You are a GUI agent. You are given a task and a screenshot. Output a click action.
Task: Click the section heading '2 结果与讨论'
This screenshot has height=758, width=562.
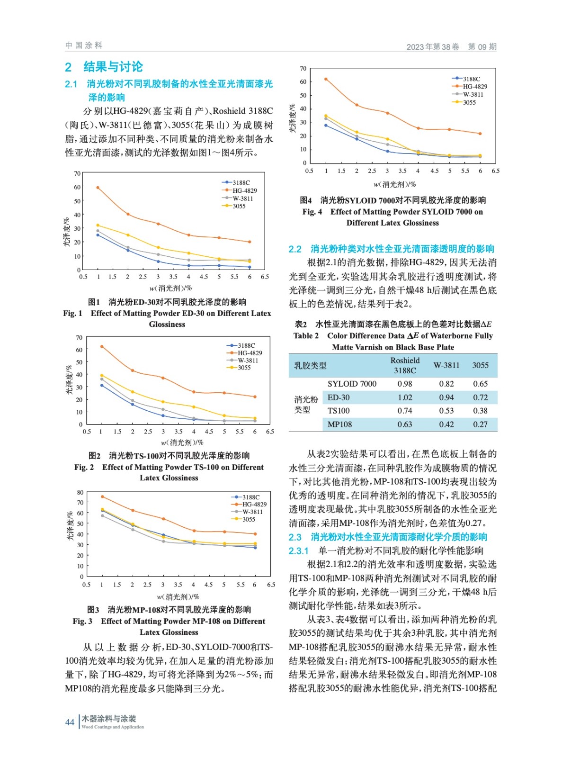point(104,67)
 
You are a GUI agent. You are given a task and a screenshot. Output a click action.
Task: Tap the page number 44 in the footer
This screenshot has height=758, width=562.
point(70,722)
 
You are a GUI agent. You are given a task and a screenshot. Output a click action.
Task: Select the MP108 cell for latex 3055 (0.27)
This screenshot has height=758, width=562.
point(480,424)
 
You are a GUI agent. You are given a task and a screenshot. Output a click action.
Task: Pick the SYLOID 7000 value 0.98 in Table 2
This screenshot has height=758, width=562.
point(405,384)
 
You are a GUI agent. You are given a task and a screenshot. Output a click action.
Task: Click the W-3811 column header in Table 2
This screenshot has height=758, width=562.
point(446,365)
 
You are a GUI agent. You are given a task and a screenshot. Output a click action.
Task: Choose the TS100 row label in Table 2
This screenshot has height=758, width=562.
point(339,411)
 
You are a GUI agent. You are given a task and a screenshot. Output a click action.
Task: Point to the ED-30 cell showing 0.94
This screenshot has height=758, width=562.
point(446,397)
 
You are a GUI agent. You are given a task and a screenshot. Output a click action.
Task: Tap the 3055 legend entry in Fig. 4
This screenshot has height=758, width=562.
point(469,102)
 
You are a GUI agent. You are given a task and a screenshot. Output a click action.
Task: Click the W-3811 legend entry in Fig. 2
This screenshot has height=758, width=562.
point(248,360)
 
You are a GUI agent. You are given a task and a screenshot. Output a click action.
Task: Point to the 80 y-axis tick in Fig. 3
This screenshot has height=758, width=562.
point(80,492)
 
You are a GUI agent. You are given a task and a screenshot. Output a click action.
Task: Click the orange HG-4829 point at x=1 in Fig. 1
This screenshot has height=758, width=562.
point(98,188)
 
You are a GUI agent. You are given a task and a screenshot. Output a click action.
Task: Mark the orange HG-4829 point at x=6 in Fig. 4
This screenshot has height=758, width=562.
point(480,134)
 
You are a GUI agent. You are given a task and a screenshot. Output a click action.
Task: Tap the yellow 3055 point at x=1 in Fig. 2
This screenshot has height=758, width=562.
point(101,376)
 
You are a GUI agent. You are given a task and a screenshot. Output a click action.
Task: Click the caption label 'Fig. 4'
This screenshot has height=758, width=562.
point(312,212)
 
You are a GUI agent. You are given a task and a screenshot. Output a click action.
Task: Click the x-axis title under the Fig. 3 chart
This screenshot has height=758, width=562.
point(178,597)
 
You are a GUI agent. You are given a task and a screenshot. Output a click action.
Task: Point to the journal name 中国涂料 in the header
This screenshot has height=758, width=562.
point(84,45)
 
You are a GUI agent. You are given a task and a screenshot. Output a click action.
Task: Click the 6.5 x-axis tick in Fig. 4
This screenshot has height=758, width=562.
point(495,171)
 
